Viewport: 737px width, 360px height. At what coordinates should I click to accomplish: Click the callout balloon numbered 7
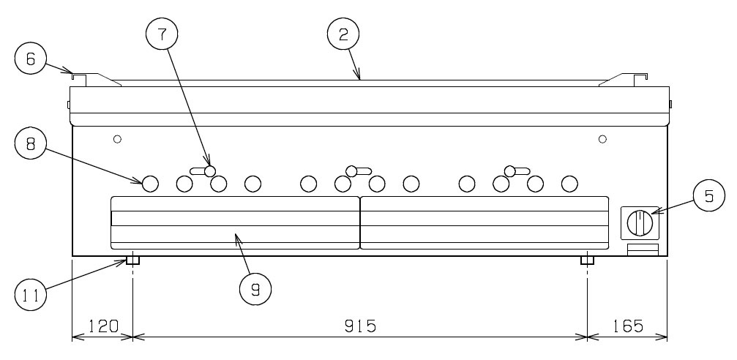pos(162,35)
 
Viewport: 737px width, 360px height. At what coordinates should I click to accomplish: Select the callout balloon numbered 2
pos(343,35)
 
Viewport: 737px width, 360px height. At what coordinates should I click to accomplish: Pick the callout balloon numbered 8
pos(31,143)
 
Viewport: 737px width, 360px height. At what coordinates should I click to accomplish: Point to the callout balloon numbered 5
pos(708,195)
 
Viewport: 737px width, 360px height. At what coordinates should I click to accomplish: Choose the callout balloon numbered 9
pos(255,289)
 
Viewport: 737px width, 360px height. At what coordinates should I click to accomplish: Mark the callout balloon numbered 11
pos(31,295)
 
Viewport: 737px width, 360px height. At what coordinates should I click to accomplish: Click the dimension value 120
pos(103,326)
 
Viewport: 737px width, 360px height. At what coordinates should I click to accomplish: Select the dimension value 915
pos(360,326)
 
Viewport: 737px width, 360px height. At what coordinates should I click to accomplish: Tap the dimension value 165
pos(629,326)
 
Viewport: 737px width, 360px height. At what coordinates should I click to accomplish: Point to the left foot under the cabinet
pos(133,260)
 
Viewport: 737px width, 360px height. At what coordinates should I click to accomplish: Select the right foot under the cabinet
pos(588,260)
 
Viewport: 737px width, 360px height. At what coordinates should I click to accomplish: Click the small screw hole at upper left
pos(118,138)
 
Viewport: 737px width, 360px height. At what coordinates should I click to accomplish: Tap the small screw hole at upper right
pos(602,138)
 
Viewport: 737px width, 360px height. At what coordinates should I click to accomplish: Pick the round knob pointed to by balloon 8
pos(150,184)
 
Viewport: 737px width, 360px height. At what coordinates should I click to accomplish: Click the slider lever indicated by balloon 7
pos(203,171)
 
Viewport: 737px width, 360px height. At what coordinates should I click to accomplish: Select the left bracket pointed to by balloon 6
pos(97,80)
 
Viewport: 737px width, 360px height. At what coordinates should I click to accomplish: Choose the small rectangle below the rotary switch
pos(643,250)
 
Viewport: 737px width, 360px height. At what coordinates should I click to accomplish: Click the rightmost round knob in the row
pos(569,184)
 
